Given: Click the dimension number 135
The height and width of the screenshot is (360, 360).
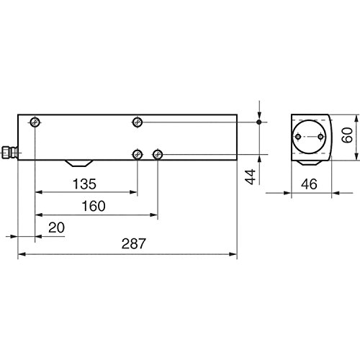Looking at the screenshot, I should click(x=84, y=183).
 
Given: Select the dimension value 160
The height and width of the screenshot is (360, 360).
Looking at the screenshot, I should click(x=93, y=206).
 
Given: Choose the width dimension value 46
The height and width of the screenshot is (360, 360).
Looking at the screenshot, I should click(x=311, y=184).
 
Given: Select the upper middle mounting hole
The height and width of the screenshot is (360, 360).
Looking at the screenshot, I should click(x=137, y=122).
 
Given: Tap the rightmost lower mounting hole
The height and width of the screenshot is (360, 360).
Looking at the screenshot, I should click(x=158, y=153).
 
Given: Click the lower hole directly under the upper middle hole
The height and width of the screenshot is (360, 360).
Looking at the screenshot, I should click(x=137, y=153).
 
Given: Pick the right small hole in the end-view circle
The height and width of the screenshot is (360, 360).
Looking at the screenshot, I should click(x=321, y=138).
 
